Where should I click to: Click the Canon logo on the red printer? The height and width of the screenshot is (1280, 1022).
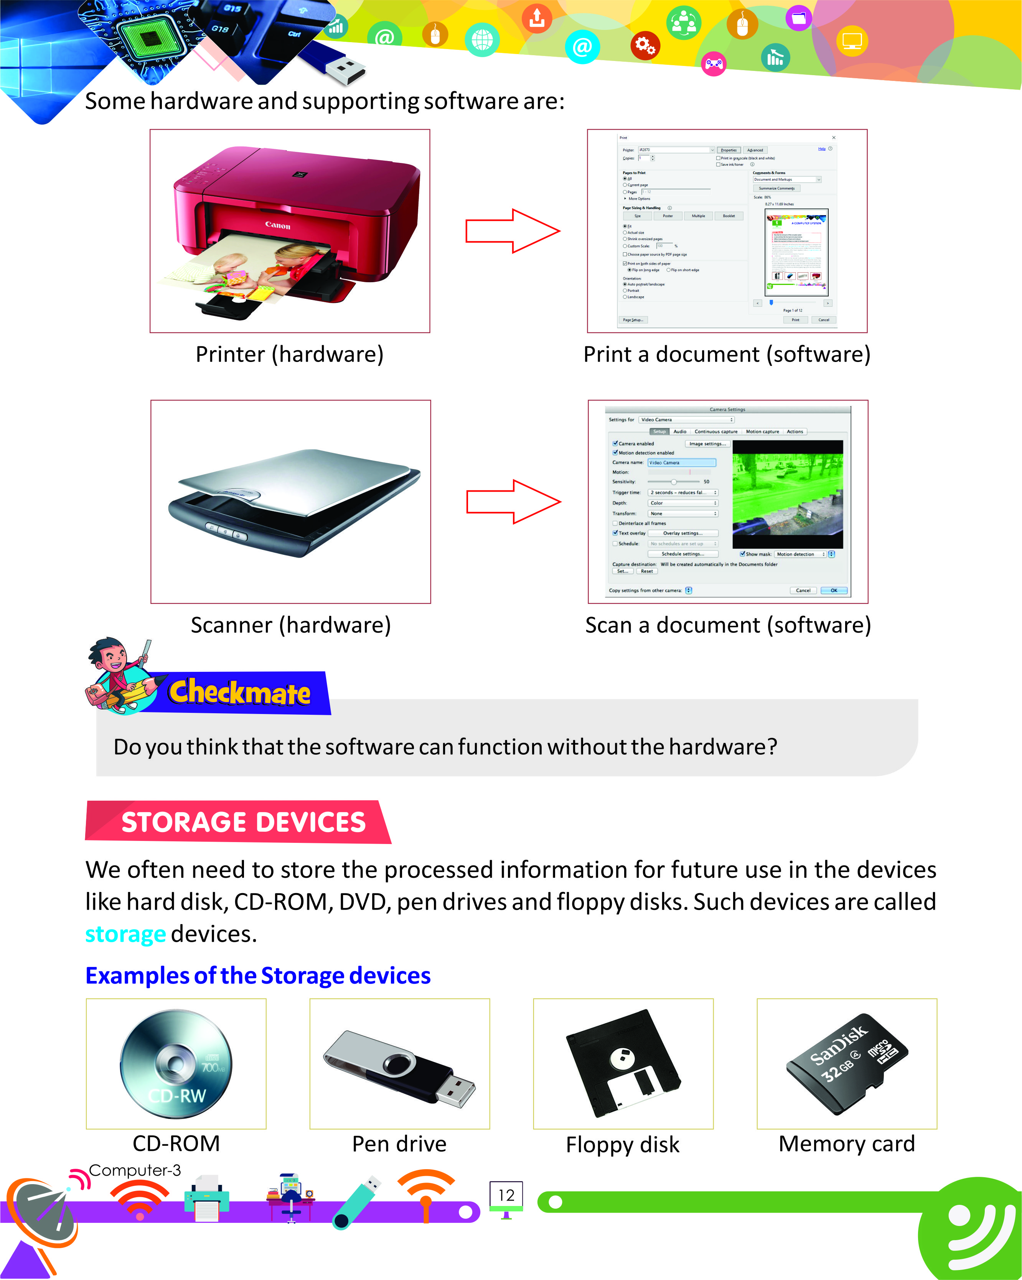(277, 225)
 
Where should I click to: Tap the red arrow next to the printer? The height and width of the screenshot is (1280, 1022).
(512, 231)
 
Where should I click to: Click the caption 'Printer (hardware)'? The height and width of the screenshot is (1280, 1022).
(289, 354)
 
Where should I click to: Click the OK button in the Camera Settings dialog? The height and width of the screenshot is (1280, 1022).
(833, 590)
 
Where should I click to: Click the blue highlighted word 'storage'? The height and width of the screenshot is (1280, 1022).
(125, 934)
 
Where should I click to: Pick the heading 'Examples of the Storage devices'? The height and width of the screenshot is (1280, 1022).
(258, 976)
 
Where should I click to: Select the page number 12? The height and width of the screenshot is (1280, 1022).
(506, 1195)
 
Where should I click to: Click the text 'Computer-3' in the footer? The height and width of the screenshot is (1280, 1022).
(135, 1170)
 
